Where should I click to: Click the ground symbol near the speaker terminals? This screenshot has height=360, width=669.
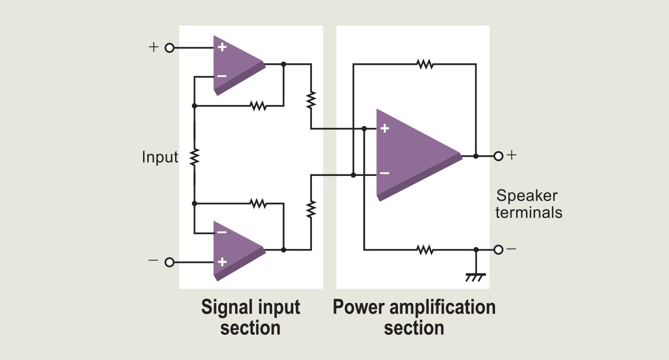click(476, 277)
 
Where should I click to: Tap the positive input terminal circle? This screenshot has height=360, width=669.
click(169, 48)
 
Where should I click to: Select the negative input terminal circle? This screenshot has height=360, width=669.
click(169, 262)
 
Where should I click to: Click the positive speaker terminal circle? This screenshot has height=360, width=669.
click(498, 155)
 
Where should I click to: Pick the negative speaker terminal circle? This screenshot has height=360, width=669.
click(498, 250)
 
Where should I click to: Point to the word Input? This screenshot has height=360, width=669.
click(160, 157)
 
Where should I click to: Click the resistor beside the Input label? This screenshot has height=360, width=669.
click(195, 156)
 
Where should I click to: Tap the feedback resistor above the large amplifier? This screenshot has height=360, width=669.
click(425, 64)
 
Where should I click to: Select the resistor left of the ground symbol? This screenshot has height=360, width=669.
click(425, 250)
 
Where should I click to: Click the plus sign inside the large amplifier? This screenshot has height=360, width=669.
click(384, 129)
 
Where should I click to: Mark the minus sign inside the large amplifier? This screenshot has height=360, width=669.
click(384, 173)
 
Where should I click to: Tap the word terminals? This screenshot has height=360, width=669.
click(529, 212)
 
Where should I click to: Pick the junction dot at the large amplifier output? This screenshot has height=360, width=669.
click(476, 155)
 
